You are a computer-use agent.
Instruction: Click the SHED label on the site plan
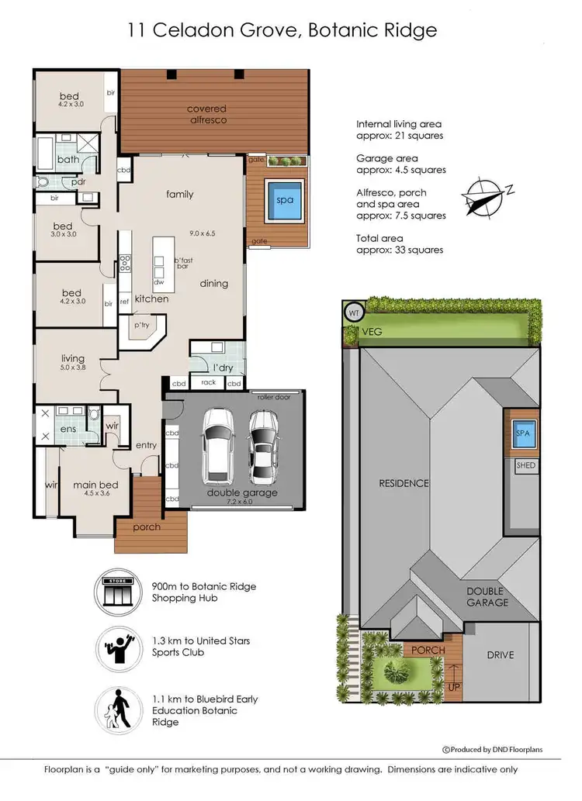[525, 465]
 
